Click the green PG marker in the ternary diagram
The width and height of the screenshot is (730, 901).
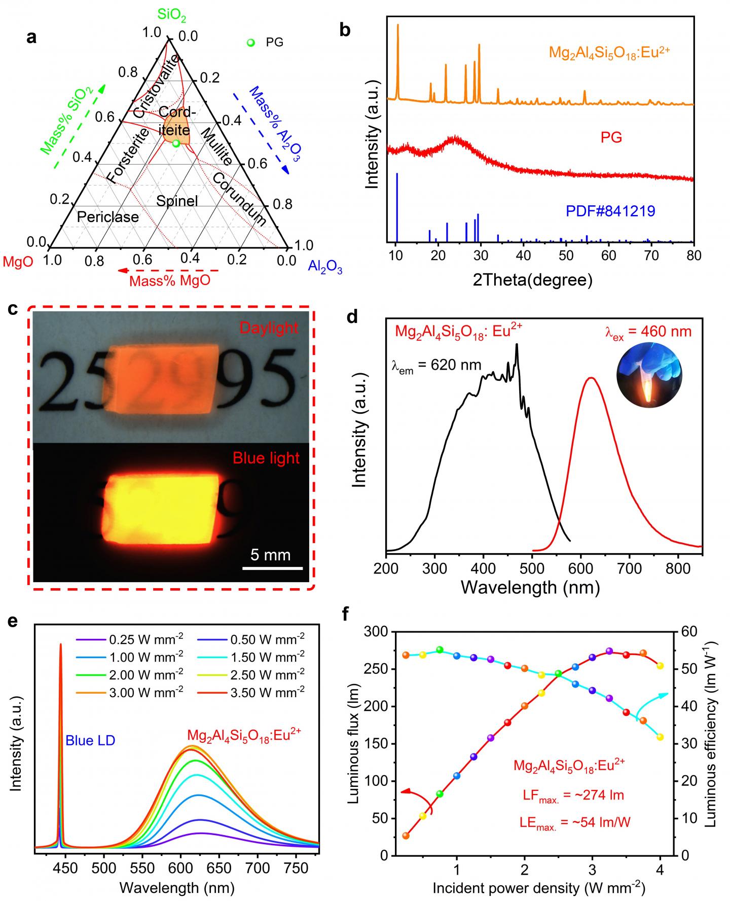pyautogui.click(x=176, y=143)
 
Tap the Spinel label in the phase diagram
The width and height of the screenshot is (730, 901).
pyautogui.click(x=177, y=201)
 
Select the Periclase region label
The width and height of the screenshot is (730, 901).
pyautogui.click(x=107, y=218)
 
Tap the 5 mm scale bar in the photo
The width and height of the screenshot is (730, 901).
pyautogui.click(x=272, y=567)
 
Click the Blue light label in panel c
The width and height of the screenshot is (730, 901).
pyautogui.click(x=266, y=458)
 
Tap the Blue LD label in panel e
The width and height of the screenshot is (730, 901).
pyautogui.click(x=90, y=740)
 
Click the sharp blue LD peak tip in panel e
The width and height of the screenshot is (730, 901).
pyautogui.click(x=61, y=645)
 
